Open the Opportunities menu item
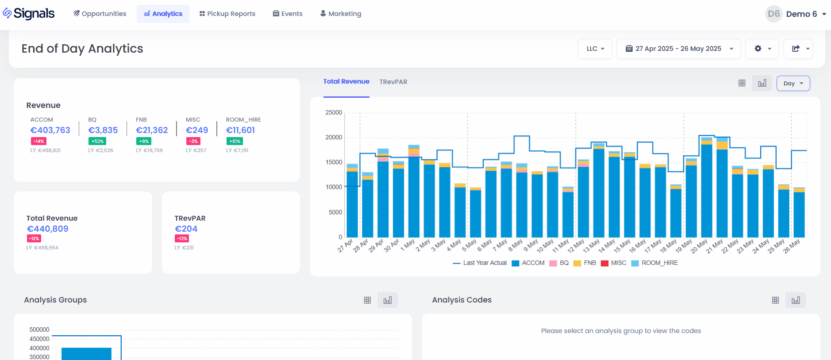pos(100,14)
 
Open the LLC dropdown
pos(595,49)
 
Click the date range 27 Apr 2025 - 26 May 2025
pos(678,49)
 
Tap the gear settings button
pos(762,49)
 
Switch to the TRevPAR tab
pos(393,82)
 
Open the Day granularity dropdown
pos(793,83)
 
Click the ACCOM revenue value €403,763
pos(50,130)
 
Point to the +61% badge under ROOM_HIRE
pos(235,141)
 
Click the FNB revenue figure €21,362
pos(152,130)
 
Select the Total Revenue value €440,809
pos(47,229)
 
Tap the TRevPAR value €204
pos(186,229)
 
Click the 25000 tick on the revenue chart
pos(334,113)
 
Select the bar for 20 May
pos(707,190)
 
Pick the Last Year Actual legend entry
pos(480,263)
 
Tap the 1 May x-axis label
pos(408,245)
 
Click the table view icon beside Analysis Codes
pos(775,300)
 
